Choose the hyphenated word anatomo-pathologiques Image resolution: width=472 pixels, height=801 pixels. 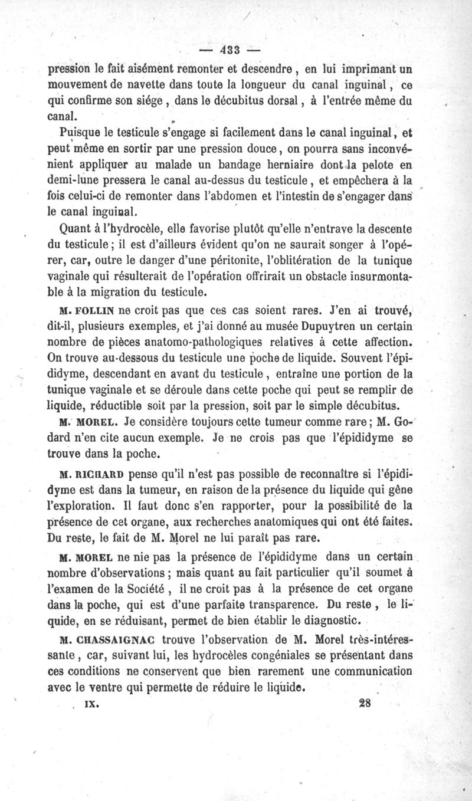tap(196, 343)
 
